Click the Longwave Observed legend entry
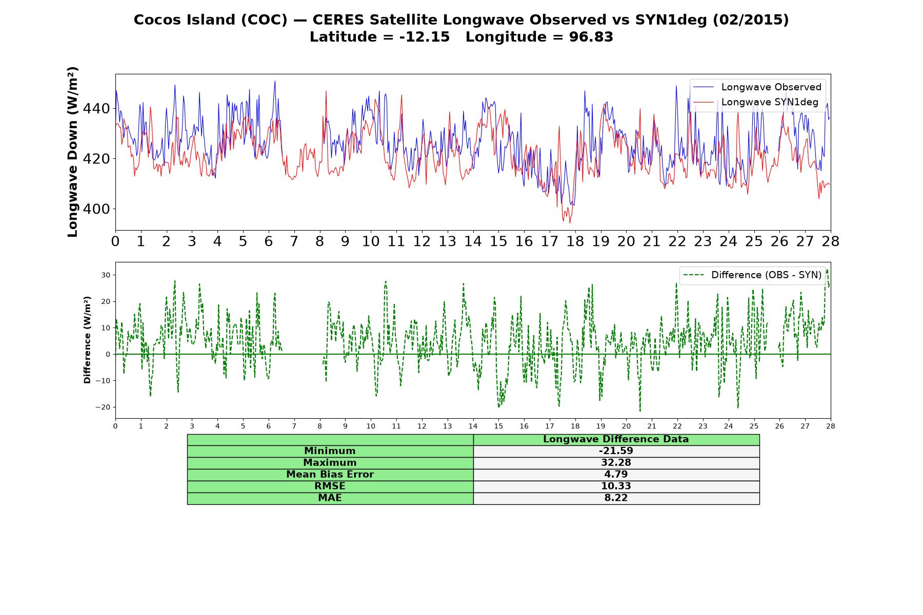click(x=757, y=87)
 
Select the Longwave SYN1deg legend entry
click(x=756, y=102)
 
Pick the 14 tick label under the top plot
click(x=473, y=241)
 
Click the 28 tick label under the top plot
click(x=831, y=241)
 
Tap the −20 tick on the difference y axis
click(x=103, y=407)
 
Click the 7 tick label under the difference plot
click(x=294, y=426)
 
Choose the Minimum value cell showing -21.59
click(x=616, y=451)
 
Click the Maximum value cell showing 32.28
click(x=616, y=463)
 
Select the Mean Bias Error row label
click(x=330, y=475)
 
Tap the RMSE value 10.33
click(x=616, y=486)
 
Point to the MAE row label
click(x=330, y=498)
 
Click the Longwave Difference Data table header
click(x=616, y=439)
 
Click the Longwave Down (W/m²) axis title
click(x=73, y=152)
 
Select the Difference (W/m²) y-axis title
click(x=87, y=340)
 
